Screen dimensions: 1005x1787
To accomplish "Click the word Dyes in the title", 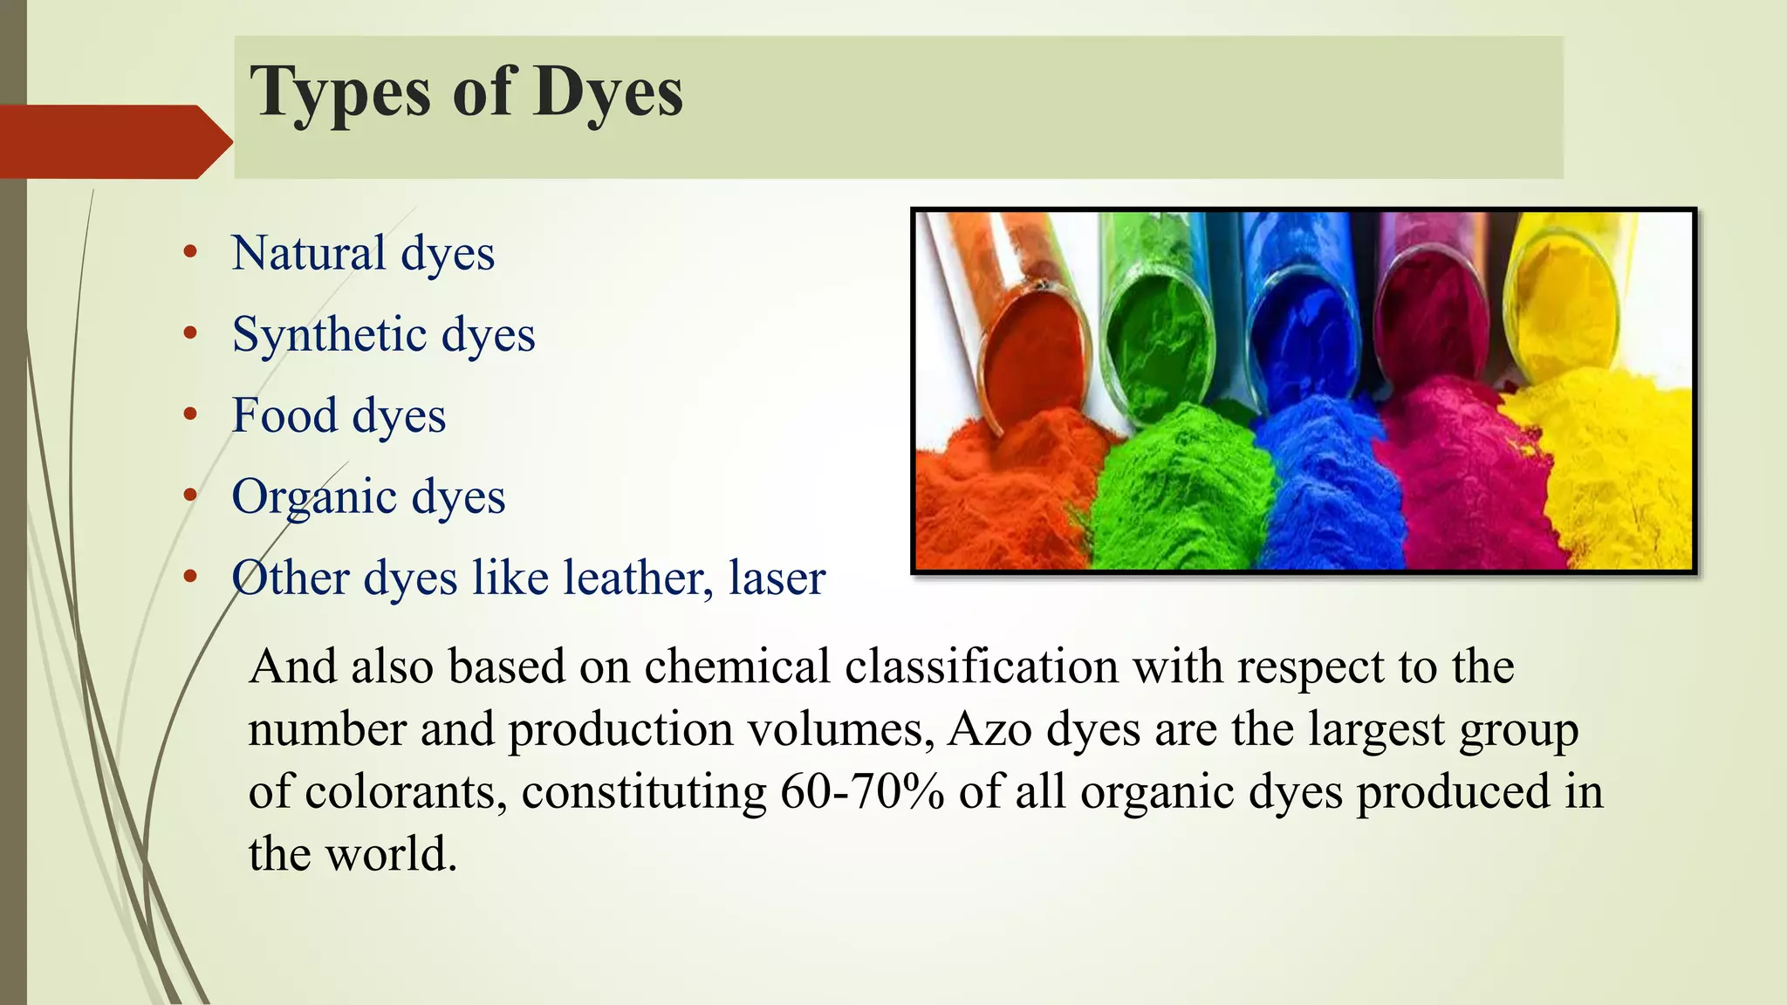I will tap(608, 92).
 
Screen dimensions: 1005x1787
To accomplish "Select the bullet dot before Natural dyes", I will tap(190, 253).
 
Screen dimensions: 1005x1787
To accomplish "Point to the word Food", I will tap(284, 415).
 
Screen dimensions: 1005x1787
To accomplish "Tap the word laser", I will tap(777, 578).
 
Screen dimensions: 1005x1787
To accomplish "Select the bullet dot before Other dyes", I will tap(190, 578).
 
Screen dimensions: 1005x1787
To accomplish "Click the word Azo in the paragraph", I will tap(989, 729).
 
